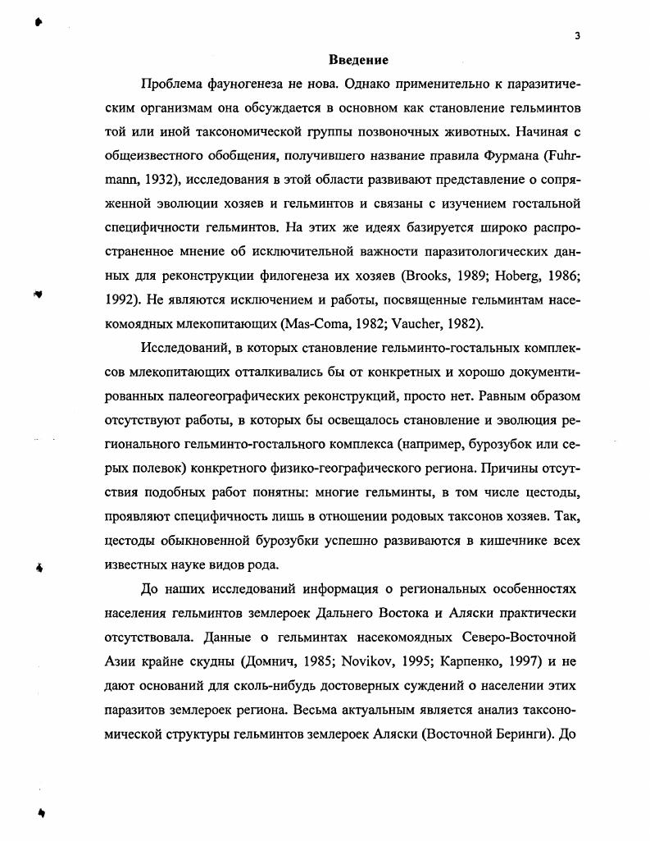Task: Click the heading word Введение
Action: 358,60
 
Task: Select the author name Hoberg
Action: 511,274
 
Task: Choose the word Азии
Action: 121,660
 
